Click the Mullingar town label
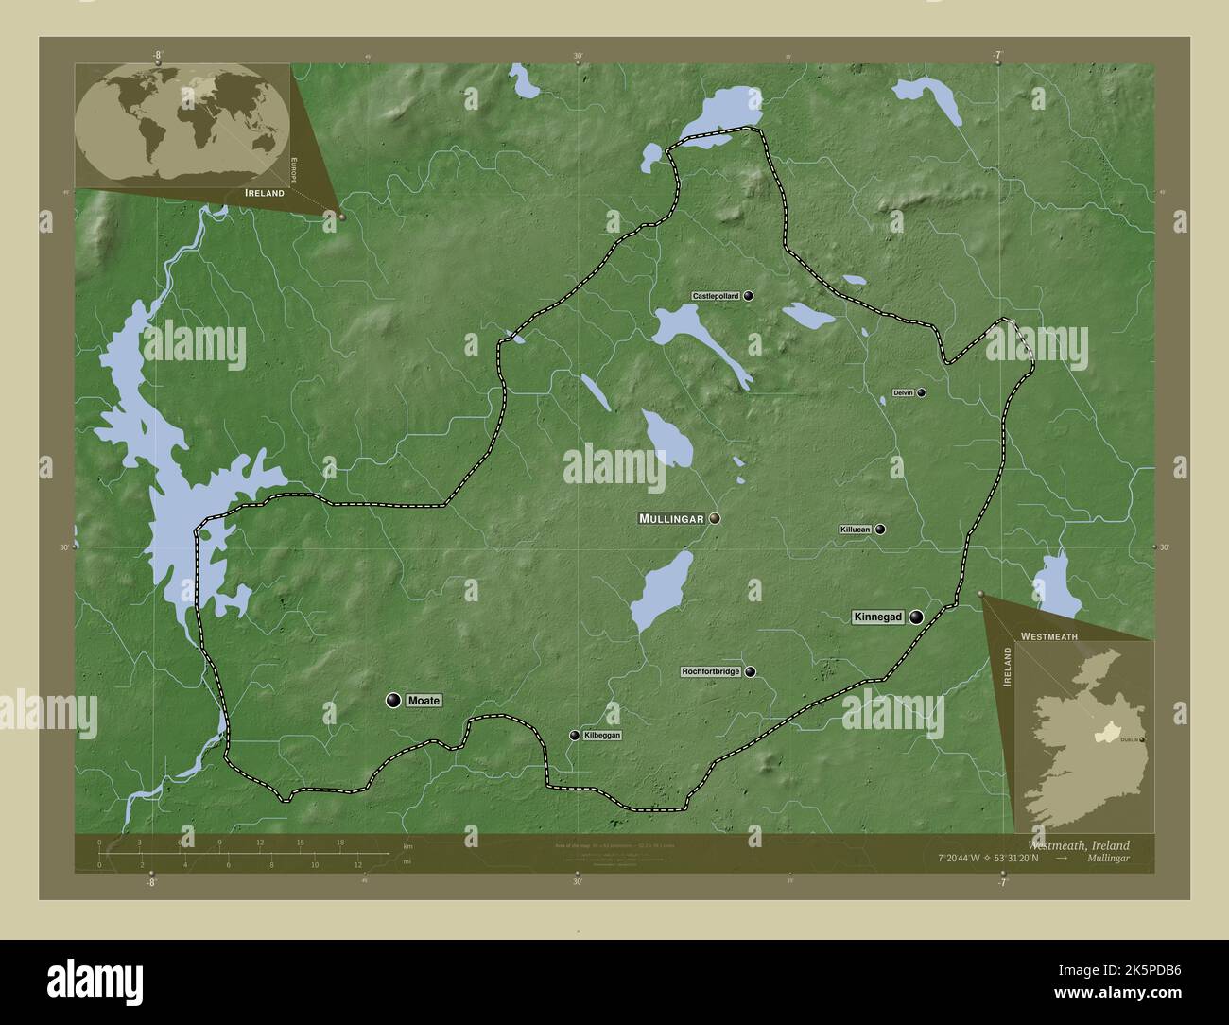(671, 519)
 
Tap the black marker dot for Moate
(393, 701)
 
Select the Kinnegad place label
(878, 617)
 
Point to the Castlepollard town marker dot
(748, 296)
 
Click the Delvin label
(903, 392)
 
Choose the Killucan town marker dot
(880, 530)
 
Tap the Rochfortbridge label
(711, 672)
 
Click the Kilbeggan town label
(602, 735)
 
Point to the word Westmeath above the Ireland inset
(1048, 637)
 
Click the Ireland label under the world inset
(264, 193)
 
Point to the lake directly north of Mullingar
(666, 438)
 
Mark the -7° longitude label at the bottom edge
(1001, 882)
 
